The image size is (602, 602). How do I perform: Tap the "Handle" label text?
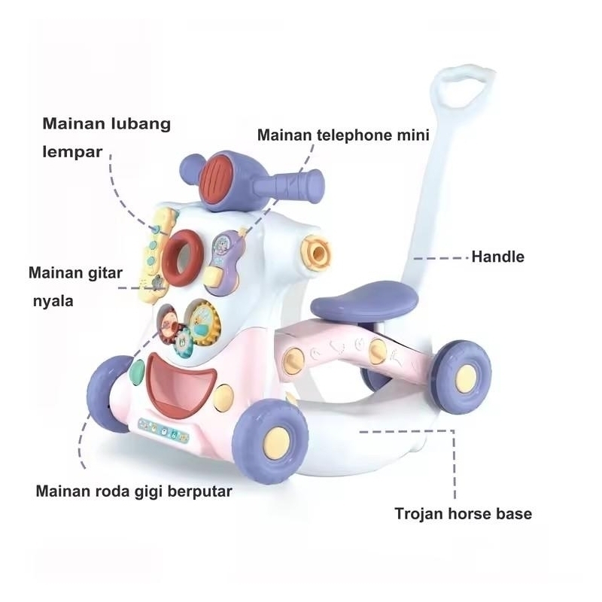tap(497, 257)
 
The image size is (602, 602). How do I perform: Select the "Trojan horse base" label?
tap(463, 515)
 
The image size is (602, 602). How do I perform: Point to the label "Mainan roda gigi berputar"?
tap(134, 491)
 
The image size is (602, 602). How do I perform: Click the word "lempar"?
tap(72, 151)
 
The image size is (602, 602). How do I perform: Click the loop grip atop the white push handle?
tap(468, 82)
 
